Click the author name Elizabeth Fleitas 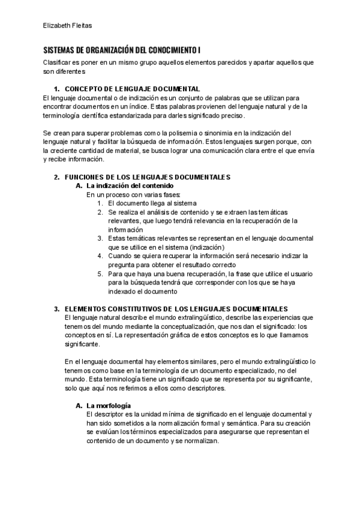click(68, 25)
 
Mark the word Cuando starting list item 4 click(120, 256)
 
